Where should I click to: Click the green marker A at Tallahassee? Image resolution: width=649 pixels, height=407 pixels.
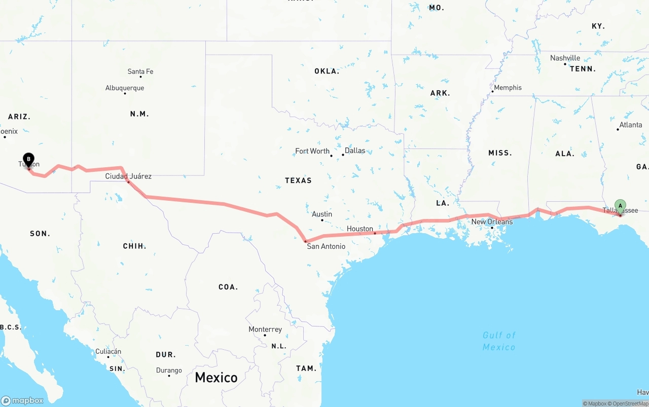point(620,206)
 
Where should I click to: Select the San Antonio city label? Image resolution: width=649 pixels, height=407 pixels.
point(326,246)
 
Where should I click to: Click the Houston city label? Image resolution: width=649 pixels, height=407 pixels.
point(360,229)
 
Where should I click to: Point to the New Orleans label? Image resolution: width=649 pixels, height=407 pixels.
point(492,221)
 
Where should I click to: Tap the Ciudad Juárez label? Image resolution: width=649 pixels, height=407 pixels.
point(128,176)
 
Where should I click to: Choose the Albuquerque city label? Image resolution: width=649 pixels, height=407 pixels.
point(125,88)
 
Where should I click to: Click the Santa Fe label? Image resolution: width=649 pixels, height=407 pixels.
point(140,71)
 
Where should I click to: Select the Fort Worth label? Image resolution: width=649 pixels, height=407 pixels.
point(312,151)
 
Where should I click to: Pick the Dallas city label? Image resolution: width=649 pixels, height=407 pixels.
point(355,151)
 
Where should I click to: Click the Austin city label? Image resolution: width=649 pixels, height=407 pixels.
point(322,214)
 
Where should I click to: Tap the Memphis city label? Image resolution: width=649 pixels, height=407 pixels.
point(508,88)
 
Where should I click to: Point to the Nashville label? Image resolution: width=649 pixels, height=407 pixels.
point(565,58)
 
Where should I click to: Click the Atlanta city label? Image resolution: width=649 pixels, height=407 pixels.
point(631,125)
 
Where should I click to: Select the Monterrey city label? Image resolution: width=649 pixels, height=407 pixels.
point(265,329)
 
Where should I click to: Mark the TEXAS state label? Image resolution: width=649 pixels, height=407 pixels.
point(298,180)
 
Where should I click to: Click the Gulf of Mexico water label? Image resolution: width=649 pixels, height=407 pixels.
point(499,341)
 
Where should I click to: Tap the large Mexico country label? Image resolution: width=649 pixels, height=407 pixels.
point(216,377)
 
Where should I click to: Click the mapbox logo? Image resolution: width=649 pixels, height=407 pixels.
point(22,400)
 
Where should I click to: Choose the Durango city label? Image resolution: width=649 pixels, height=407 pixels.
point(169,371)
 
